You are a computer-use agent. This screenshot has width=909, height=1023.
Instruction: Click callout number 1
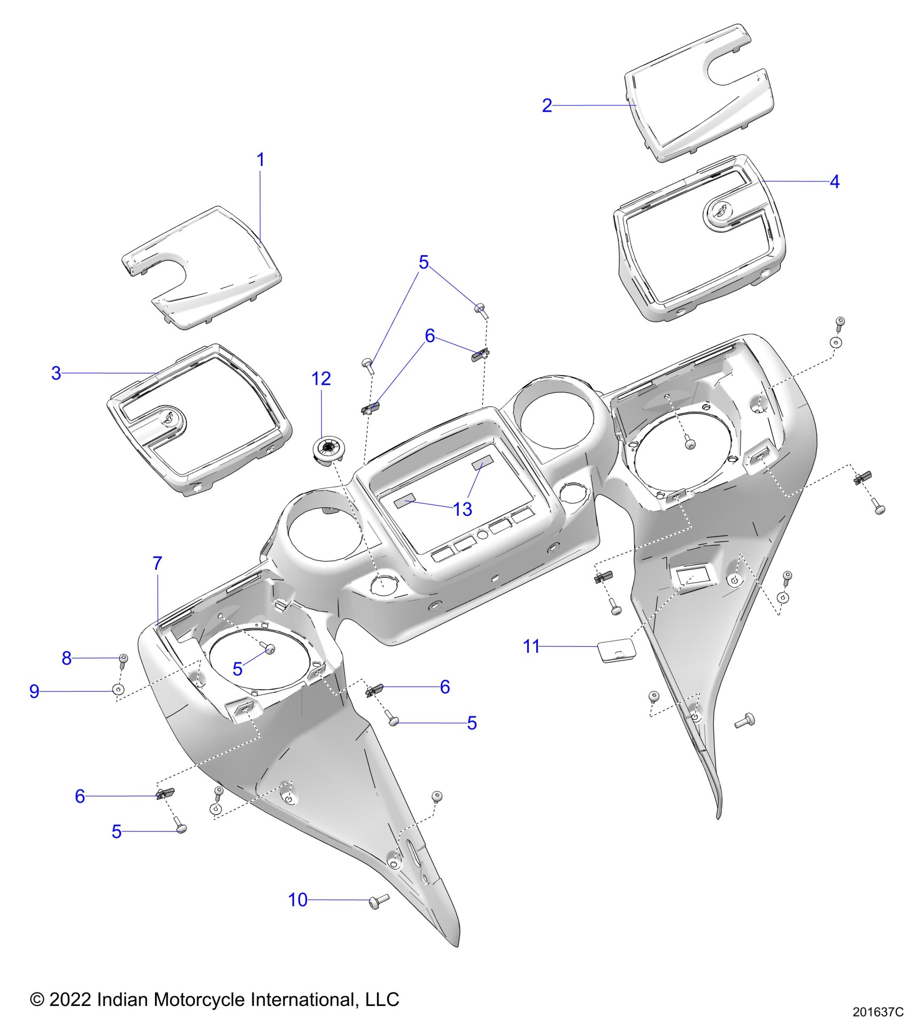point(260,159)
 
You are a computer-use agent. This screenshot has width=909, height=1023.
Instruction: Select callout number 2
point(546,105)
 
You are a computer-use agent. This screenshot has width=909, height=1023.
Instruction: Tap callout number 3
point(56,373)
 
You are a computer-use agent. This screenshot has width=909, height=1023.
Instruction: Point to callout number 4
point(834,182)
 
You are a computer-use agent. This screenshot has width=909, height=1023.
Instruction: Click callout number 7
point(157,563)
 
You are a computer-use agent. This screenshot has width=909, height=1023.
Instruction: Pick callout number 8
point(67,658)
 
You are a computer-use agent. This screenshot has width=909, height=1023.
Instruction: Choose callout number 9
point(34,692)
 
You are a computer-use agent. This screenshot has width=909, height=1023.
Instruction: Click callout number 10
point(298,900)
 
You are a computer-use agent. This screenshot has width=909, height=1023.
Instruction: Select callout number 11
point(531,646)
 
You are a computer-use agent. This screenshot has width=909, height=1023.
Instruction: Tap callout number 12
point(321,379)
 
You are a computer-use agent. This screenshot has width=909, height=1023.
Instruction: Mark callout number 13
point(463,509)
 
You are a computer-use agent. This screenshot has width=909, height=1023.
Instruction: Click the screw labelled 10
point(379,902)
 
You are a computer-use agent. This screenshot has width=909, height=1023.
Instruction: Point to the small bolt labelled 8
point(123,660)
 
